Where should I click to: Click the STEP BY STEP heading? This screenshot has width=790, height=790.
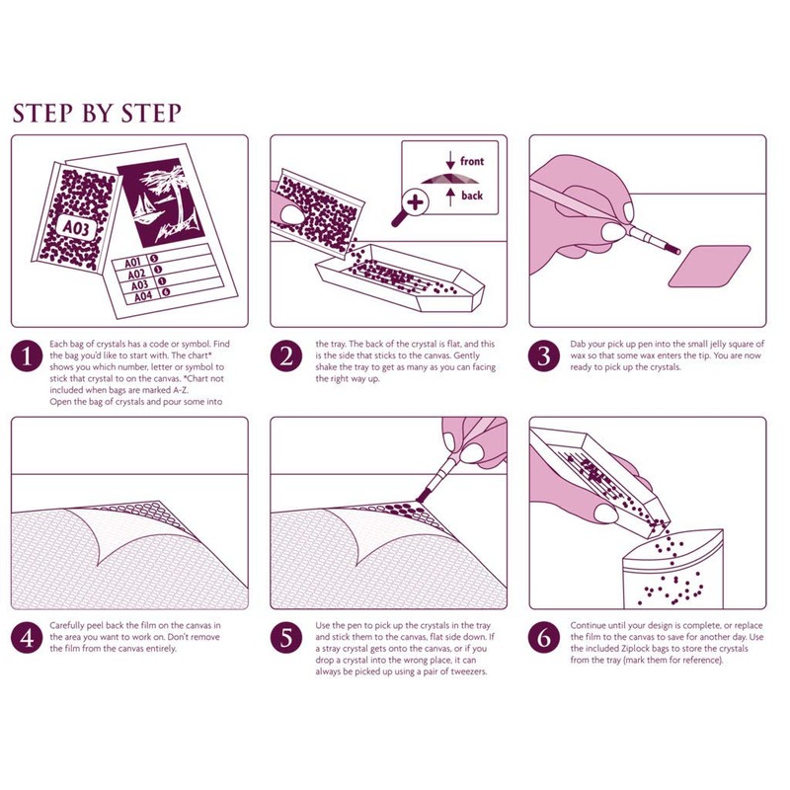tap(97, 113)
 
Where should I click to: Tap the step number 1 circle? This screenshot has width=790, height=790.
tap(27, 355)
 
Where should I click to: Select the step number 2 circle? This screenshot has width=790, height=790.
tap(286, 355)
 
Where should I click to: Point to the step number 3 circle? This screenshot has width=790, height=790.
tap(544, 355)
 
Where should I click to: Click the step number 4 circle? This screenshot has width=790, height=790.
tap(27, 637)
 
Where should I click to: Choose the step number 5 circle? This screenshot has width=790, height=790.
tap(286, 637)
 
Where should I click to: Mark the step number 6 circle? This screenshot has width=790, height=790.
tap(544, 637)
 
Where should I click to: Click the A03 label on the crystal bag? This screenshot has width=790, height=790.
tap(76, 228)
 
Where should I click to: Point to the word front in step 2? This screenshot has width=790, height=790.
tap(472, 161)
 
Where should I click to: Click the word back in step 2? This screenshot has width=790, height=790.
tap(472, 196)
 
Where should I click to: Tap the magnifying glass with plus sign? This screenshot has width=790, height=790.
tap(410, 207)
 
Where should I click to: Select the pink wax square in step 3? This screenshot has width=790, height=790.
tap(709, 266)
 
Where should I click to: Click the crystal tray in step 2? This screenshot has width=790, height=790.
tap(400, 278)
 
